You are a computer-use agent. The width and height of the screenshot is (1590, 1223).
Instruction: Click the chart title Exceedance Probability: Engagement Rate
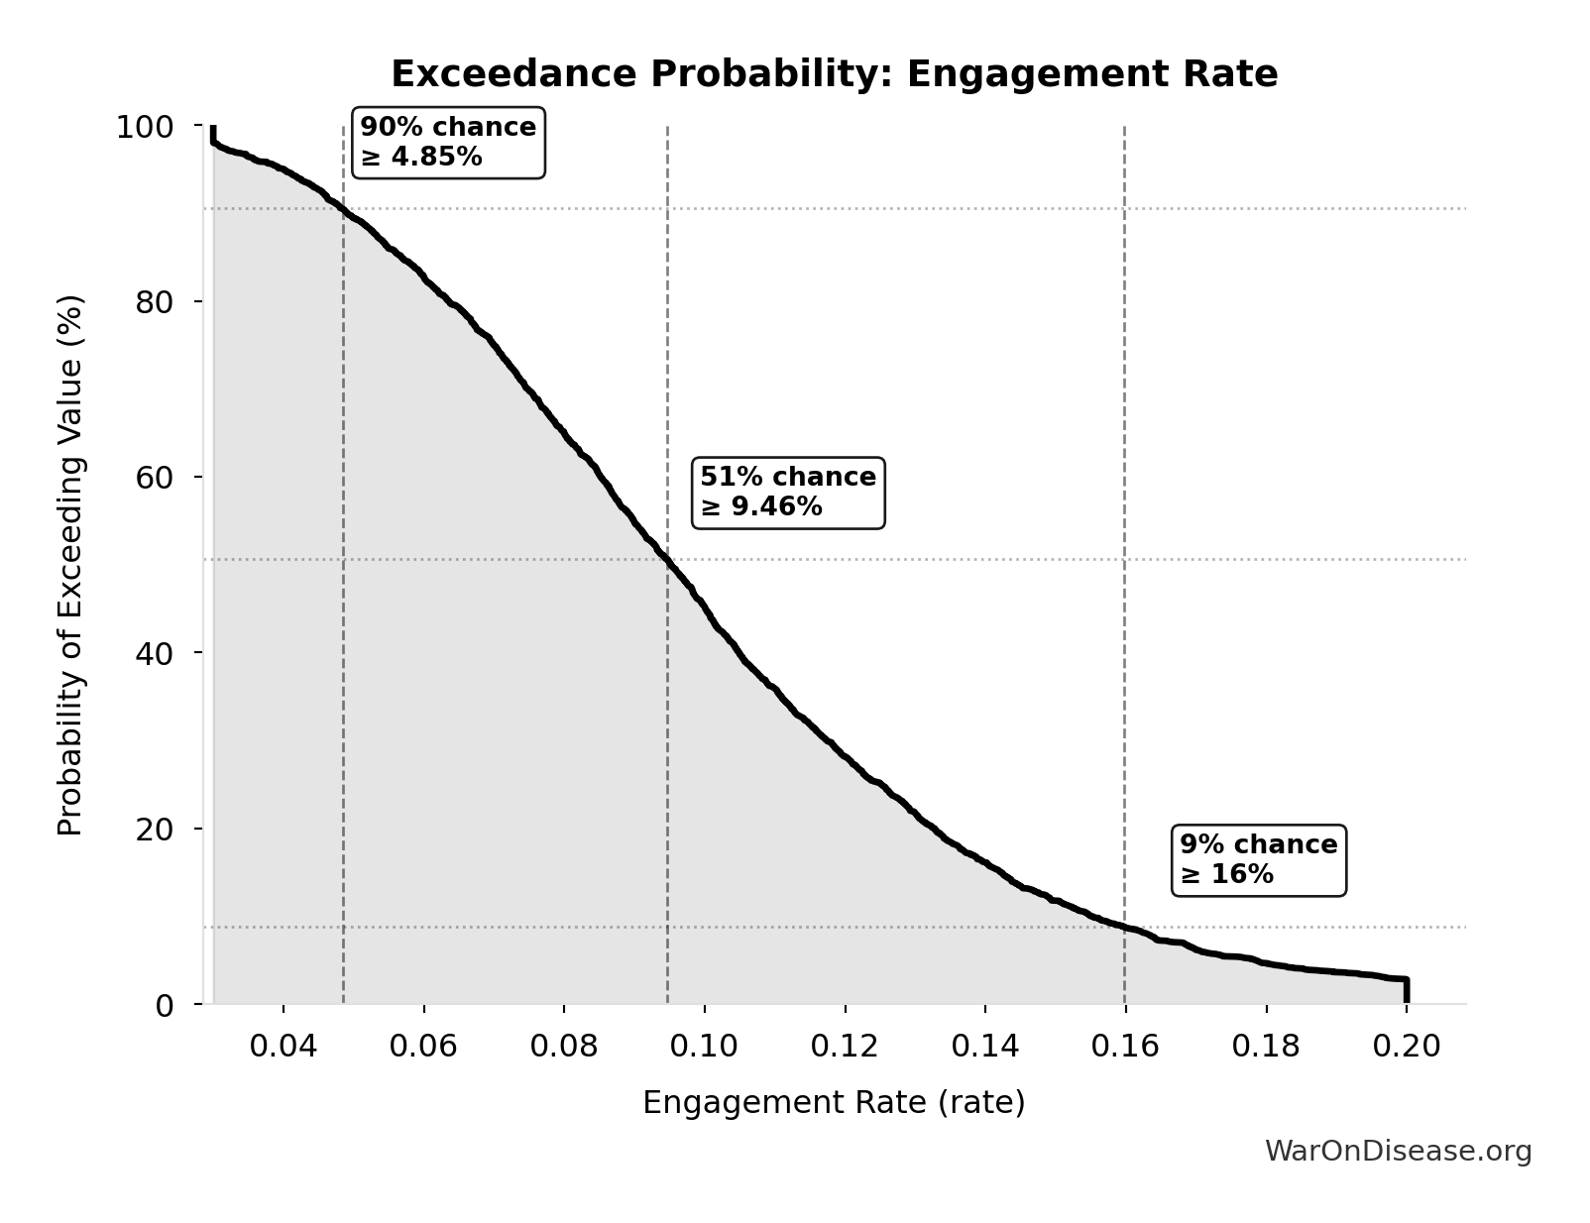point(834,75)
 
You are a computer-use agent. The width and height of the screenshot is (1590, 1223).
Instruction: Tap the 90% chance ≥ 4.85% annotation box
point(448,143)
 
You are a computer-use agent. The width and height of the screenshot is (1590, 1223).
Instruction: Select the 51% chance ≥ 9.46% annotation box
point(788,493)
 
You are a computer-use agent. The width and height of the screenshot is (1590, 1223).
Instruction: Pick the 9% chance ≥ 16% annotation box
point(1258,860)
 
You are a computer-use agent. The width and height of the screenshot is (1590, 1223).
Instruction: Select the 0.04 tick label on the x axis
point(284,1047)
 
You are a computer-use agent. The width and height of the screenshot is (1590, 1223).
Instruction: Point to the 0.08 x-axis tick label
point(564,1047)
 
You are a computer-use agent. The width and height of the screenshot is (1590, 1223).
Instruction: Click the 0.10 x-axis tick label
point(705,1047)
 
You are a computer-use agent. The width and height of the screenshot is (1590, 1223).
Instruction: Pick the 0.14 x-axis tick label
point(985,1047)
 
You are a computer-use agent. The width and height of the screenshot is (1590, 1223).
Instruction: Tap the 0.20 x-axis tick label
point(1407,1047)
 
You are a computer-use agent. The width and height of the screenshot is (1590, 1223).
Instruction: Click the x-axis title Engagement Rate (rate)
point(834,1103)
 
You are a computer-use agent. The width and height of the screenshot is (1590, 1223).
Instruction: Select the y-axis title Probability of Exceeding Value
point(70,565)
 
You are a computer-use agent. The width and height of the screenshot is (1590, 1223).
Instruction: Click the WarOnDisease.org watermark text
point(1398,1152)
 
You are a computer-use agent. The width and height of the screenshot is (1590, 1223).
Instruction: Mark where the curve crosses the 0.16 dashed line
point(1125,927)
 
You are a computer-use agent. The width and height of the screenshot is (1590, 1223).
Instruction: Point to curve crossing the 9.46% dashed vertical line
point(668,560)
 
